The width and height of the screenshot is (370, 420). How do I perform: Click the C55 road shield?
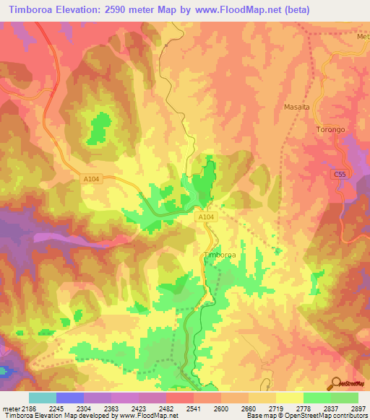(x=340, y=174)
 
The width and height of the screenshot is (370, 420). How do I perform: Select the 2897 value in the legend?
(x=356, y=408)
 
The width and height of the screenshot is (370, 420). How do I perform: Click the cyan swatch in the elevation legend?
(x=42, y=398)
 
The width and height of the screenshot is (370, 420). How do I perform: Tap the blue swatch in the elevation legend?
(x=69, y=398)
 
